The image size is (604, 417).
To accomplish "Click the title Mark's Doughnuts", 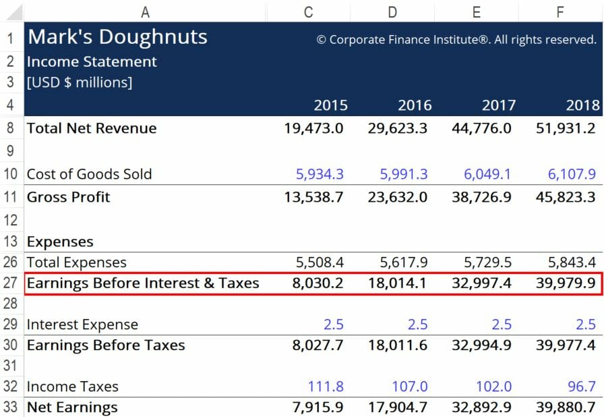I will pyautogui.click(x=117, y=37).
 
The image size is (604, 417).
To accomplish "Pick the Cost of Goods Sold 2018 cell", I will pyautogui.click(x=572, y=174).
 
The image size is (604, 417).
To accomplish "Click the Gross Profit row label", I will pyautogui.click(x=68, y=197).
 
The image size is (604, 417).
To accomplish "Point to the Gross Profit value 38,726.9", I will pyautogui.click(x=481, y=197).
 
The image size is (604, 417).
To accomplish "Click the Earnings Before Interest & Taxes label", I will pyautogui.click(x=143, y=283).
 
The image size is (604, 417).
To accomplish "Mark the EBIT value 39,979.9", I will pyautogui.click(x=566, y=283).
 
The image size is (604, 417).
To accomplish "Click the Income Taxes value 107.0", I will pyautogui.click(x=409, y=387).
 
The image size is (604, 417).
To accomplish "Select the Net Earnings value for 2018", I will pyautogui.click(x=566, y=407).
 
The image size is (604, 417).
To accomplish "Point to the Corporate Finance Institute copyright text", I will pyautogui.click(x=456, y=40).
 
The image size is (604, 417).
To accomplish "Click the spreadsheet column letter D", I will pyautogui.click(x=393, y=11).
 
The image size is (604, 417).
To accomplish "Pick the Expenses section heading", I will pyautogui.click(x=60, y=242).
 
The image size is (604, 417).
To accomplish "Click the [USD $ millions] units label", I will pyautogui.click(x=80, y=82).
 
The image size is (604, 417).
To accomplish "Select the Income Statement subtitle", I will pyautogui.click(x=92, y=61).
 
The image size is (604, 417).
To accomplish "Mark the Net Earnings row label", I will pyautogui.click(x=72, y=407).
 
